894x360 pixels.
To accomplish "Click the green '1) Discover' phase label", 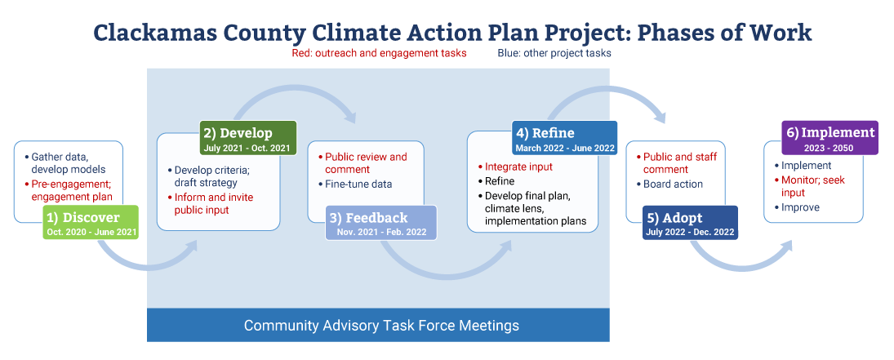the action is pyautogui.click(x=91, y=222).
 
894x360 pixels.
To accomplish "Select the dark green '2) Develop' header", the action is pyautogui.click(x=248, y=137).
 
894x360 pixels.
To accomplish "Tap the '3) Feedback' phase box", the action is pyautogui.click(x=380, y=222).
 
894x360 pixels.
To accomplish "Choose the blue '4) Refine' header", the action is pyautogui.click(x=564, y=137).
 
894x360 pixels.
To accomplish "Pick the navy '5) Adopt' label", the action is pyautogui.click(x=690, y=223).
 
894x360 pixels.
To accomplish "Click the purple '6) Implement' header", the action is pyautogui.click(x=830, y=137).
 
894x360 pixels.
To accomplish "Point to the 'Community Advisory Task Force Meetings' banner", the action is pyautogui.click(x=379, y=325).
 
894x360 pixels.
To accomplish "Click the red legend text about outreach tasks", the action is pyautogui.click(x=379, y=53).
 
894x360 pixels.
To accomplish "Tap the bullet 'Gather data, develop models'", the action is pyautogui.click(x=65, y=162).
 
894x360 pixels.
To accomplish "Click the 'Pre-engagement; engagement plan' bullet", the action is pyautogui.click(x=69, y=190).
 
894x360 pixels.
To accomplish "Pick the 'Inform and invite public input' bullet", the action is pyautogui.click(x=210, y=204).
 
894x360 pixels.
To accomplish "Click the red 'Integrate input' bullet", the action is pyautogui.click(x=515, y=167).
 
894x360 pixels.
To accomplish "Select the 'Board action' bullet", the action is pyautogui.click(x=669, y=184).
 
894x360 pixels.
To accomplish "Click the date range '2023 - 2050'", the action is pyautogui.click(x=830, y=147).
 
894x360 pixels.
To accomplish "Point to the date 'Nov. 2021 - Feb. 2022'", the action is pyautogui.click(x=380, y=232).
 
